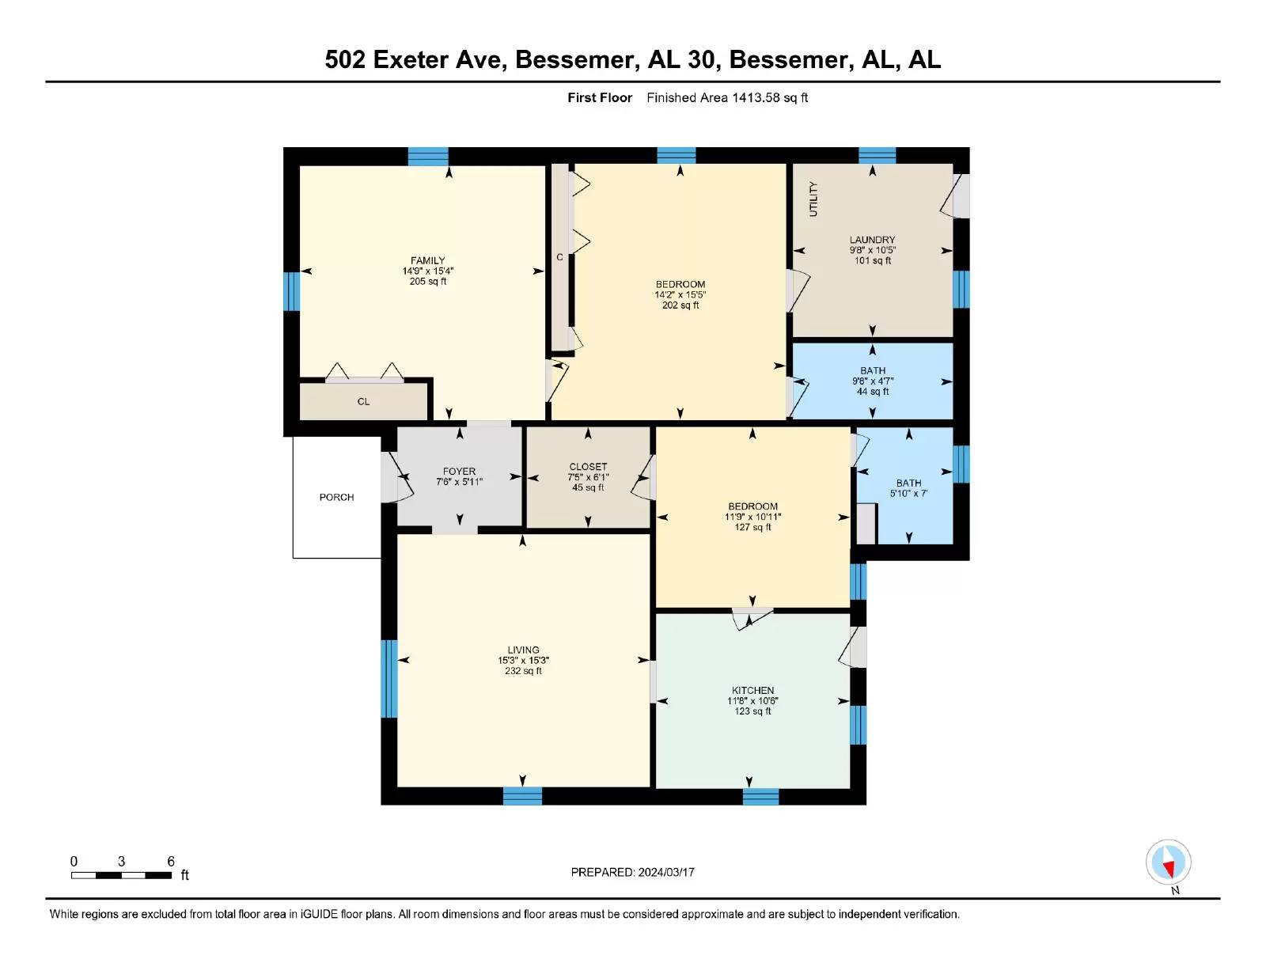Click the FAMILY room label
tap(427, 260)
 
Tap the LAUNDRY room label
tap(872, 240)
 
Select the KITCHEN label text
tap(752, 690)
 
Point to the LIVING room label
tap(523, 650)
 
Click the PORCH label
tap(337, 497)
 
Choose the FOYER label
tap(459, 472)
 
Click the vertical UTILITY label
tap(813, 199)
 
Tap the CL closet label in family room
tap(363, 401)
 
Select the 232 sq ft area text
tap(523, 670)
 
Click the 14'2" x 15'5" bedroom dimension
tap(680, 294)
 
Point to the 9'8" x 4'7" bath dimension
tap(873, 381)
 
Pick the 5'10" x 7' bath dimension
tap(909, 494)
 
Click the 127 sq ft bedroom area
tap(752, 527)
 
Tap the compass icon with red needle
tap(1168, 862)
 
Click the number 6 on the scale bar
tap(171, 861)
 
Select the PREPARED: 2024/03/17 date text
tap(633, 872)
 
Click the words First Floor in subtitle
tap(600, 98)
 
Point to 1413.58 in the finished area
tap(756, 98)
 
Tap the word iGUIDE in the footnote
tap(319, 914)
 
